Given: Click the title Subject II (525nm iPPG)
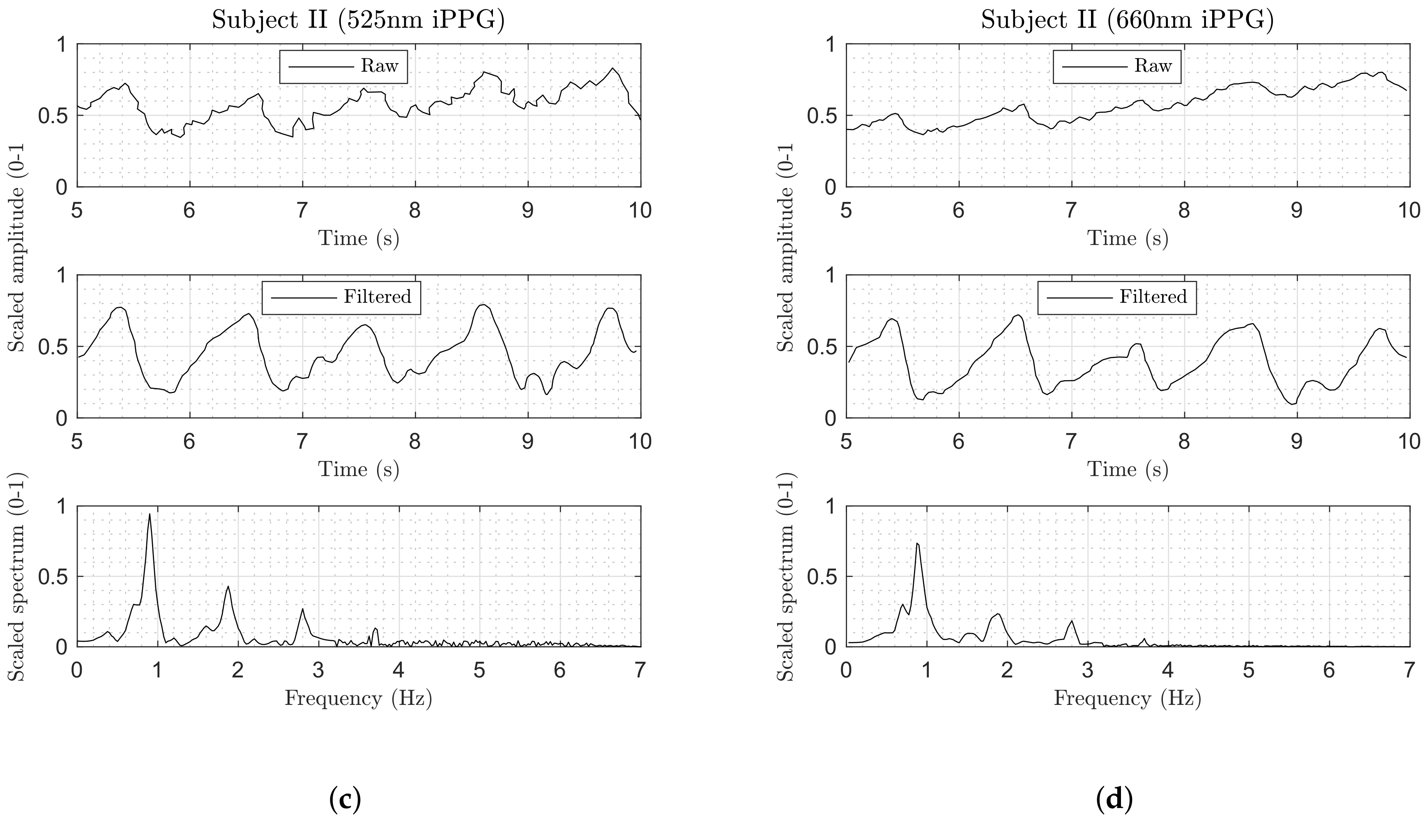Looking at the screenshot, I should (358, 21).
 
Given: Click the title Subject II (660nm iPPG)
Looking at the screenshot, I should (1127, 21).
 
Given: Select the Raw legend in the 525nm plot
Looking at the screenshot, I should (343, 67).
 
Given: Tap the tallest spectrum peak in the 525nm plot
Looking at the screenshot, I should (150, 514).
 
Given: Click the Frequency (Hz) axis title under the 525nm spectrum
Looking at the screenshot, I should (358, 699).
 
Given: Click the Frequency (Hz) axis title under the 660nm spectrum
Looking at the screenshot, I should (1127, 699).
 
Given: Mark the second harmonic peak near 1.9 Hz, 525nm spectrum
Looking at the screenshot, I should (228, 586).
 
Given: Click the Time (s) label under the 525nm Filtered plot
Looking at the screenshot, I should (358, 469).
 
